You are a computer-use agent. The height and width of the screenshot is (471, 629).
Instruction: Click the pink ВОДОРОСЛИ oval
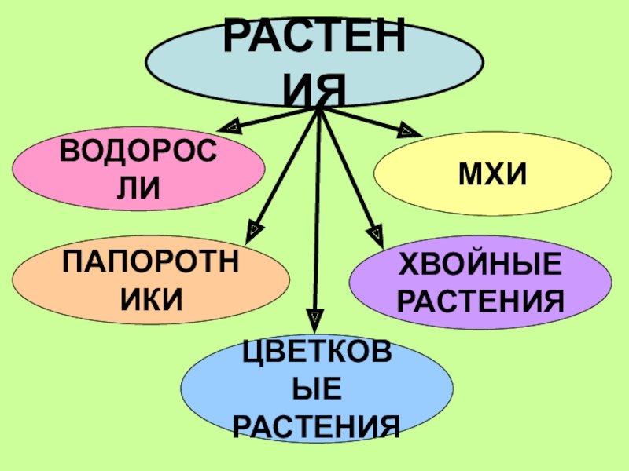[x=138, y=168]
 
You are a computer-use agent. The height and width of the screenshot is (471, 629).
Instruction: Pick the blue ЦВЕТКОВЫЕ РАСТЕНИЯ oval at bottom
[x=317, y=389]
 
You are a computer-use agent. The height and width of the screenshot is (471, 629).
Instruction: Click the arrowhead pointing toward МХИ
[x=406, y=130]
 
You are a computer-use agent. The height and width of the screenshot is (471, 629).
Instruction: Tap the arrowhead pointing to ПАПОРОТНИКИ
[x=253, y=230]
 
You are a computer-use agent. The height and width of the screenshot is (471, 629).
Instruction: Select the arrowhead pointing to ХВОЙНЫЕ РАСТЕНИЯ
[x=377, y=233]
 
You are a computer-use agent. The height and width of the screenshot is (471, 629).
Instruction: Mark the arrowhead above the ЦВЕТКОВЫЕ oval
[x=314, y=317]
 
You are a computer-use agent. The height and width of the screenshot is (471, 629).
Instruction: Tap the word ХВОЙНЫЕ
[x=482, y=265]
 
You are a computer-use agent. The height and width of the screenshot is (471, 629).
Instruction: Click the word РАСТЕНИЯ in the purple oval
[x=482, y=300]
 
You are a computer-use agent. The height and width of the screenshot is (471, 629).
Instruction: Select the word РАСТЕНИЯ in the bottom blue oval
[x=317, y=425]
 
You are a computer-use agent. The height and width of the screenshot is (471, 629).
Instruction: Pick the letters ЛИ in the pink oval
[x=138, y=187]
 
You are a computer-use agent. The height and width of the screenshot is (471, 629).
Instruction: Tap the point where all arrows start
[x=318, y=108]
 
